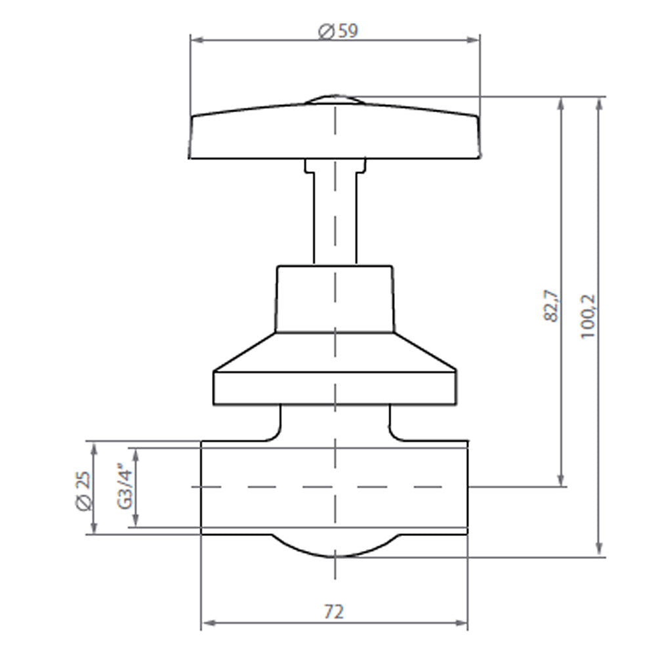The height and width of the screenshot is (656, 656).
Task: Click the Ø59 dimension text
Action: pyautogui.click(x=338, y=31)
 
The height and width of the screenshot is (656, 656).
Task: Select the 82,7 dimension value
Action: pyautogui.click(x=551, y=306)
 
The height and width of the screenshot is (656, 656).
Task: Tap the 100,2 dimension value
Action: pyautogui.click(x=588, y=316)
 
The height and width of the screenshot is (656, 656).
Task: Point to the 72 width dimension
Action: pyautogui.click(x=334, y=611)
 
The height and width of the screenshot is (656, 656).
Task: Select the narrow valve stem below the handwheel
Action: pyautogui.click(x=335, y=216)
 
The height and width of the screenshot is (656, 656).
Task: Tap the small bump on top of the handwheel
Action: pyautogui.click(x=335, y=98)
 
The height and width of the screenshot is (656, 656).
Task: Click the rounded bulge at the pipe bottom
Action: pyautogui.click(x=335, y=546)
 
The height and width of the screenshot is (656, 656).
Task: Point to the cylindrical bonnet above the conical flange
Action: pyautogui.click(x=335, y=298)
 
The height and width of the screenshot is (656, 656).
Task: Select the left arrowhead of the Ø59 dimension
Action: pyautogui.click(x=195, y=40)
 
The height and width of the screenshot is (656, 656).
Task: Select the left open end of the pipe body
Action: pyautogui.click(x=202, y=487)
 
